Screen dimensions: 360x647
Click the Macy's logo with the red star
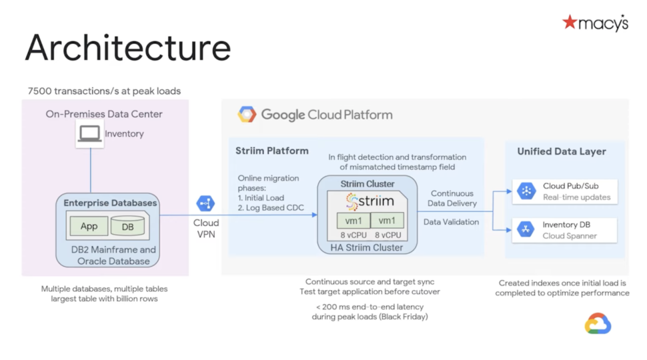click(x=595, y=23)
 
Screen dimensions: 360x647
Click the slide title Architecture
click(x=128, y=48)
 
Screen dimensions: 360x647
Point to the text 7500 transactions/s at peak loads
click(x=104, y=91)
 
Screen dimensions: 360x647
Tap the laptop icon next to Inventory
click(x=89, y=134)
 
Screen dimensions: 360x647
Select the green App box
click(x=89, y=227)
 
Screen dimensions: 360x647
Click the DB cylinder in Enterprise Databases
click(x=127, y=227)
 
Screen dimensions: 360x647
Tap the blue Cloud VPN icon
click(x=205, y=204)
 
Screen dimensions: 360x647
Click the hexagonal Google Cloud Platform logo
click(x=247, y=115)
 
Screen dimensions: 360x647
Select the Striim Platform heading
click(x=271, y=151)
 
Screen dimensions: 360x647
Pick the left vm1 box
click(x=352, y=221)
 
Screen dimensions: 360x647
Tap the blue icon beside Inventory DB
click(x=526, y=230)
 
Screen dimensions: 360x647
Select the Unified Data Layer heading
click(x=562, y=151)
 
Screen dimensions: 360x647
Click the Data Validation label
click(x=451, y=222)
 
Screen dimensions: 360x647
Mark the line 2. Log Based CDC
click(x=271, y=208)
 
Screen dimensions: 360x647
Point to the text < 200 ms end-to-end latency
click(x=369, y=307)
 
